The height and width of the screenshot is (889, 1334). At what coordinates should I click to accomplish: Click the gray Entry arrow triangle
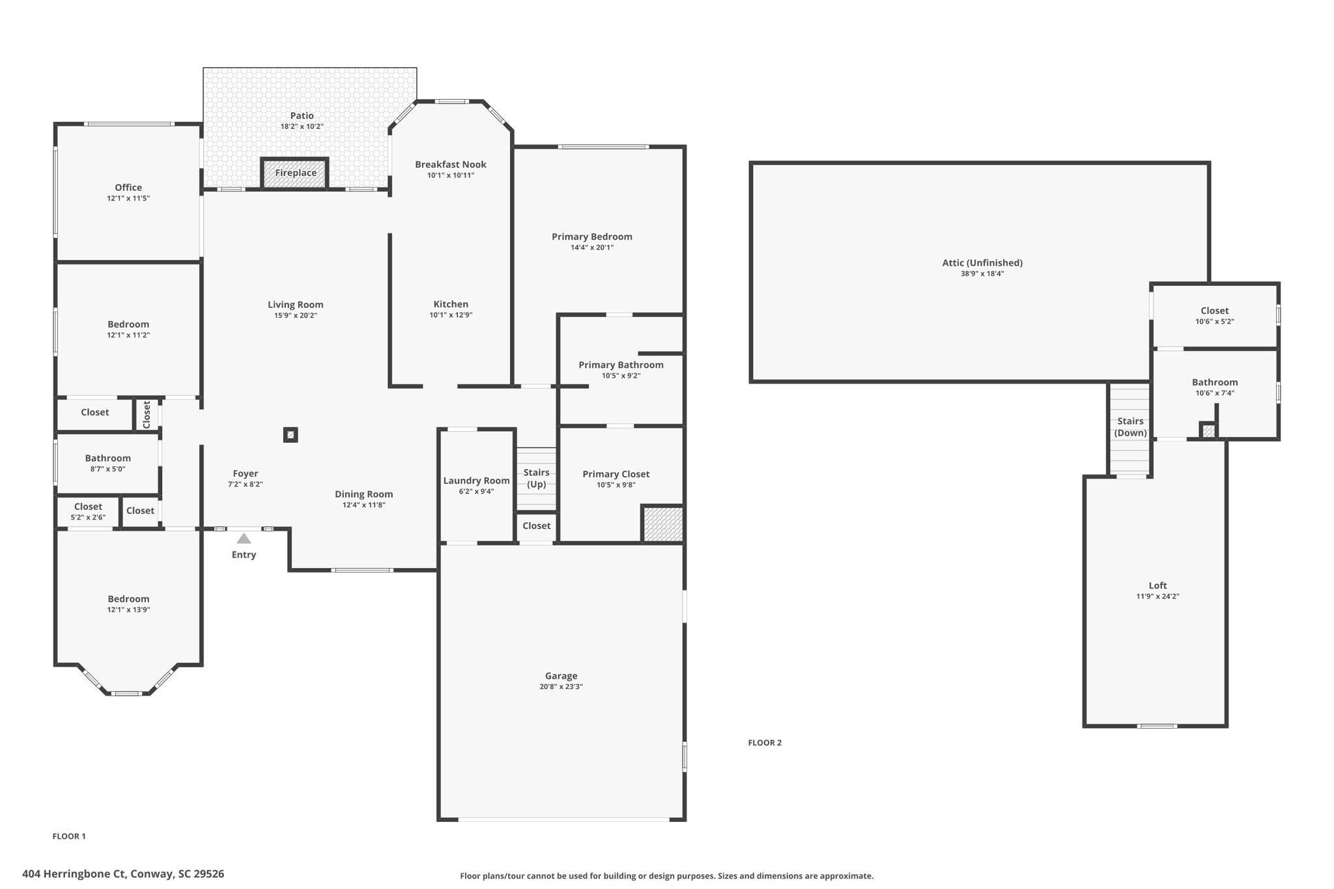[x=244, y=539]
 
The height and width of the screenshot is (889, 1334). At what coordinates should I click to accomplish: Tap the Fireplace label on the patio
[x=296, y=173]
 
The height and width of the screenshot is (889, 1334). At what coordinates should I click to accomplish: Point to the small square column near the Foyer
[x=291, y=435]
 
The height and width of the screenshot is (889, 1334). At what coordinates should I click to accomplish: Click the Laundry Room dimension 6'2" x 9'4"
[x=476, y=492]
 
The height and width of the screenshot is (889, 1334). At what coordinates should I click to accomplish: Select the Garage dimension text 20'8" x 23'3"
[x=561, y=686]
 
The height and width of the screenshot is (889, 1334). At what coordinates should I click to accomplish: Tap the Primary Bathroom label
[x=621, y=365]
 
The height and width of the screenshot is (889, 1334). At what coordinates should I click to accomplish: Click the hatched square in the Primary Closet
[x=662, y=524]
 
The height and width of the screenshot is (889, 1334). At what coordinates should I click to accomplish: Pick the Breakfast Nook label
[x=451, y=165]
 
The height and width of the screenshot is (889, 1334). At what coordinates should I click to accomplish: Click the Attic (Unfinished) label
[x=982, y=263]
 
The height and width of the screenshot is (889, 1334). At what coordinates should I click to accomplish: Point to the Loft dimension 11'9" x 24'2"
[x=1157, y=596]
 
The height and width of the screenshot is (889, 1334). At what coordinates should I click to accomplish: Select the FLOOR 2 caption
[x=764, y=742]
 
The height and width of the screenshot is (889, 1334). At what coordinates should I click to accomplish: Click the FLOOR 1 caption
[x=69, y=836]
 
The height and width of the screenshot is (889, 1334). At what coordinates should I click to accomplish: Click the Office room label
[x=128, y=188]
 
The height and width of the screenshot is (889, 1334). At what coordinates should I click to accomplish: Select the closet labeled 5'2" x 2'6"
[x=88, y=511]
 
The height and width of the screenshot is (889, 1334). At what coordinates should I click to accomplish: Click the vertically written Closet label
[x=147, y=414]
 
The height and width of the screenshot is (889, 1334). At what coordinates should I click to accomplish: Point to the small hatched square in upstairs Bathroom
[x=1208, y=430]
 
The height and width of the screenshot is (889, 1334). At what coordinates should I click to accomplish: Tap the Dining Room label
[x=363, y=494]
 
